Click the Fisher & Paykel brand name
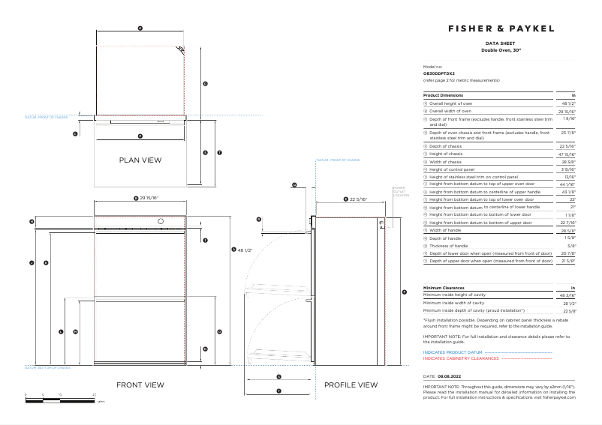click(x=501, y=28)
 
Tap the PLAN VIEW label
click(x=140, y=160)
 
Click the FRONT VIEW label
click(x=140, y=385)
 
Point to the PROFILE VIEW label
click(x=351, y=385)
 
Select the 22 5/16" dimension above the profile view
click(x=360, y=199)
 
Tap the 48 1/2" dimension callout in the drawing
click(x=243, y=250)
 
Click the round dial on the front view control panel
click(x=160, y=221)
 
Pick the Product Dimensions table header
click(x=443, y=95)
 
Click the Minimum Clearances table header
click(x=444, y=288)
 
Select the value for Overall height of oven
click(x=568, y=103)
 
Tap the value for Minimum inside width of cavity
click(x=568, y=303)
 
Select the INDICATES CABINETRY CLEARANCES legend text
click(x=461, y=358)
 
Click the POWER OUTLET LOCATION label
click(x=399, y=191)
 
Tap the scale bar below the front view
click(x=61, y=397)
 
